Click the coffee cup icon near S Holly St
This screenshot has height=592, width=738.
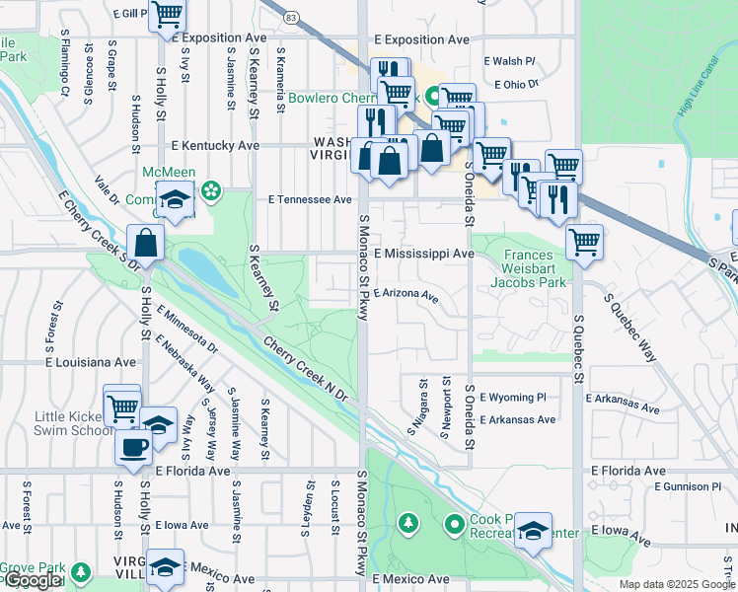[134, 445]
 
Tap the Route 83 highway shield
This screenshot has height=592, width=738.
[290, 18]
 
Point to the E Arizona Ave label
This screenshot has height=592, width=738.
[405, 294]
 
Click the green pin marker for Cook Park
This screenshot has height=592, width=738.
[454, 523]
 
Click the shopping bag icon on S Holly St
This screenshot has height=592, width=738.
[145, 243]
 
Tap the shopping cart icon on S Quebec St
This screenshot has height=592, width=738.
[584, 240]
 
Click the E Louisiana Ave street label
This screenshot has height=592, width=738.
[90, 362]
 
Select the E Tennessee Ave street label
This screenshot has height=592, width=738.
[310, 199]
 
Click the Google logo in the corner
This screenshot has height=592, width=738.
[32, 581]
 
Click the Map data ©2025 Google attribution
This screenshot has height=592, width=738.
[676, 584]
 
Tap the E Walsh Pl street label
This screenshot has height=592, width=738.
[509, 61]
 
